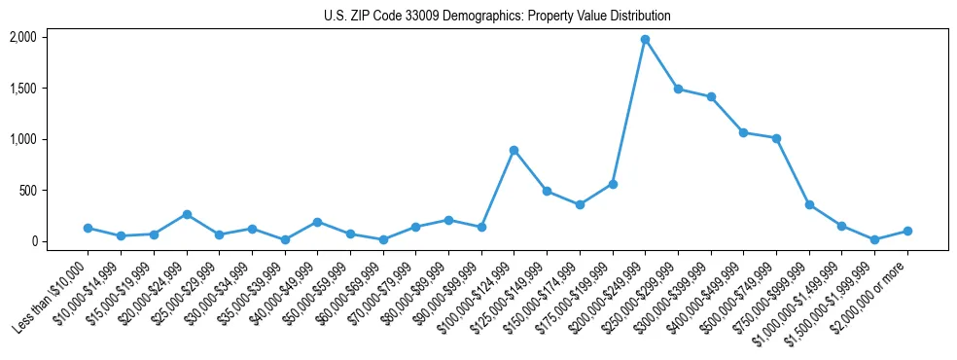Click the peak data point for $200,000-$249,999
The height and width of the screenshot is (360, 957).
(645, 40)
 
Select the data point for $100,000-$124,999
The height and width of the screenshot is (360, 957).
(514, 150)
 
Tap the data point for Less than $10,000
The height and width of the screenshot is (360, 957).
(88, 228)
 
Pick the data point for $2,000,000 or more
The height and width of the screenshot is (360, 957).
(907, 231)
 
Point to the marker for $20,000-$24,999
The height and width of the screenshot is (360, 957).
(186, 214)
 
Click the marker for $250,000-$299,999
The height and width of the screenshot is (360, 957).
(678, 89)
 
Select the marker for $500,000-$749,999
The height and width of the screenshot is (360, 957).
(776, 138)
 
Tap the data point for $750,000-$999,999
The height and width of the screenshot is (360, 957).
(809, 204)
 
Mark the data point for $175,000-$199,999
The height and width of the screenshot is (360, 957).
(612, 184)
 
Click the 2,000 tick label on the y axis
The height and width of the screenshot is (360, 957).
(22, 37)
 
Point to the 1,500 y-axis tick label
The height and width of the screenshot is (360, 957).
(22, 89)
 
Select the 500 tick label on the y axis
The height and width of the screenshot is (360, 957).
(26, 191)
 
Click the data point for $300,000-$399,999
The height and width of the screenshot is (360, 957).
(711, 96)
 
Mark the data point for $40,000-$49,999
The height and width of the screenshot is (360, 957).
(317, 222)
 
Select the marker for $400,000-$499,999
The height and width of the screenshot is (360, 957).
(743, 132)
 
